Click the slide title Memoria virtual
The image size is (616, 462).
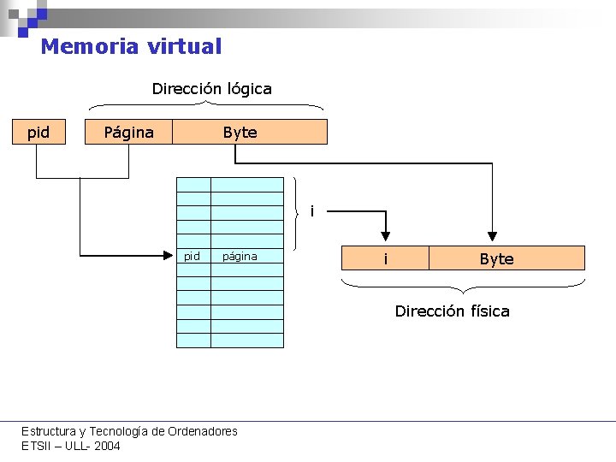coord(131,46)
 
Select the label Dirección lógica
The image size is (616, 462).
coord(211,88)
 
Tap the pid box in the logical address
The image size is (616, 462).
coord(38,132)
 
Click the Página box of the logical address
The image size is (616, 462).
coord(128,132)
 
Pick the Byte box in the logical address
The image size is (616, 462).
coord(240,132)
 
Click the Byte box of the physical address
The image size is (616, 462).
coord(496,258)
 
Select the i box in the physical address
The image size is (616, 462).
coord(385,258)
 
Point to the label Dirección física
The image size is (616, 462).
coord(452,311)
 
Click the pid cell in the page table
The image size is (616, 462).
coord(192,256)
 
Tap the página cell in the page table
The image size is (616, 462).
coord(240,256)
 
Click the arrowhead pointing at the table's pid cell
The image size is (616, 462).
coord(170,254)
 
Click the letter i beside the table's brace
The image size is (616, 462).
coord(312,210)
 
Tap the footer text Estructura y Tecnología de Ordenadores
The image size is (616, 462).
coord(129,431)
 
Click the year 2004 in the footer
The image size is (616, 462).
coord(107,446)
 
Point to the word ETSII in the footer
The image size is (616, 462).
coord(37,446)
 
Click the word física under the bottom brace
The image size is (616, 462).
coord(486,311)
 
